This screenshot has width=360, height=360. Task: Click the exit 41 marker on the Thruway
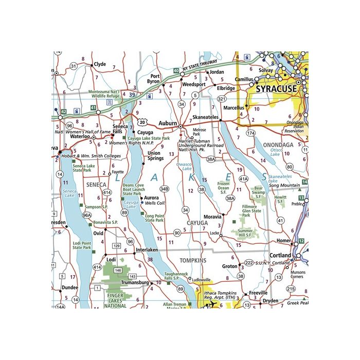[x=93, y=107]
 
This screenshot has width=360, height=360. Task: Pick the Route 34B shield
[x=165, y=189]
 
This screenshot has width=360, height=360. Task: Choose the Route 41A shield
[x=243, y=179]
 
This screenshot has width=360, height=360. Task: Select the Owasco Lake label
[x=184, y=166]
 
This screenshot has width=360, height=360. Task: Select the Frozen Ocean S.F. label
[x=224, y=187]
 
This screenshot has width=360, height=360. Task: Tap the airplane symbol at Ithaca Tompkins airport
[x=209, y=305]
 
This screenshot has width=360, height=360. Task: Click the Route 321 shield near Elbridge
[x=222, y=99]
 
